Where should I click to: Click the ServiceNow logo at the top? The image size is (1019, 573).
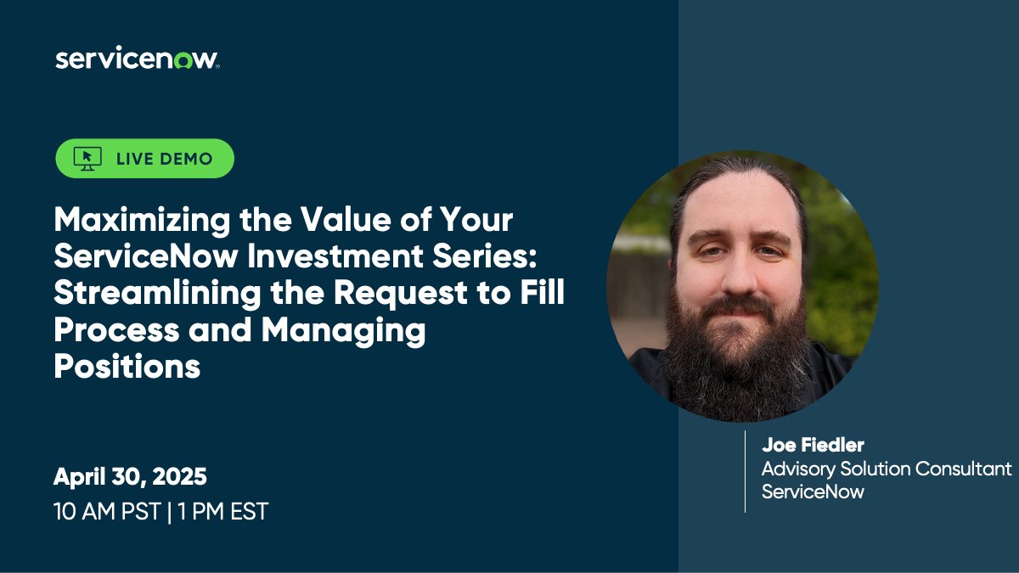coord(137,59)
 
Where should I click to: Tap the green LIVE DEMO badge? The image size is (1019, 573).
coord(144,158)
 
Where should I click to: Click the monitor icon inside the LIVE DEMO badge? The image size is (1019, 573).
coord(87,158)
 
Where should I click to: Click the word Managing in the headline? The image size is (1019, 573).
coord(343,329)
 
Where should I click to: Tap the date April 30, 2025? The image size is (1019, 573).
coord(130,476)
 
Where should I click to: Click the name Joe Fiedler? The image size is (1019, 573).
coord(813,446)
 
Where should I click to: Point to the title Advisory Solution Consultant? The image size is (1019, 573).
coord(887,469)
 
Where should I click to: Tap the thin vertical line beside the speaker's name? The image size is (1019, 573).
coord(745,471)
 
